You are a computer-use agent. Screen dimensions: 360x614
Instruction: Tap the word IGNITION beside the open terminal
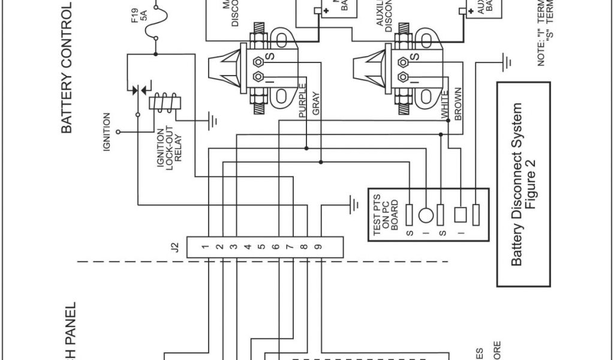click(x=107, y=131)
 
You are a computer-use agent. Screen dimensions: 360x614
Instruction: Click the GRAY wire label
click(x=316, y=103)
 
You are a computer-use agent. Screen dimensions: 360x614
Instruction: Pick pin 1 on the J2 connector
click(x=205, y=247)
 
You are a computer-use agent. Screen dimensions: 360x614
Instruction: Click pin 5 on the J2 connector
click(x=261, y=247)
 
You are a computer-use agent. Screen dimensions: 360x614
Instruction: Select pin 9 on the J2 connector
click(x=318, y=247)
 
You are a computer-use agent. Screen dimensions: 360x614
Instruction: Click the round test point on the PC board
click(x=425, y=215)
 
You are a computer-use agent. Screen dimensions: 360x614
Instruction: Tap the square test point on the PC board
click(x=461, y=214)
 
